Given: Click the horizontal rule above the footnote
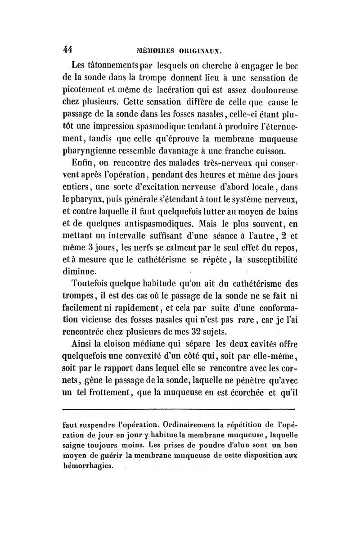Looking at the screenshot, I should (178, 409).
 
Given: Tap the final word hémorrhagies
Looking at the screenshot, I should (91, 466).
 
